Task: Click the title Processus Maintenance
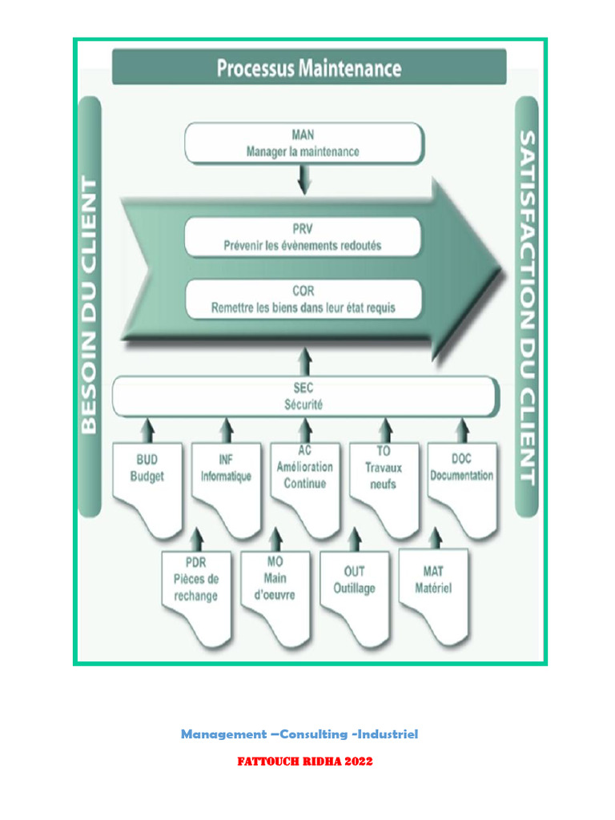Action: coord(309,68)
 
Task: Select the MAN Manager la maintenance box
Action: coord(303,143)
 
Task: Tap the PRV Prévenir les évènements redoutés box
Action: coord(303,237)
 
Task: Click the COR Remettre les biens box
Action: coord(303,299)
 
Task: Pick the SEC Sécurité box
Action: coord(303,397)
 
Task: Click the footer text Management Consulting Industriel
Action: coord(299,734)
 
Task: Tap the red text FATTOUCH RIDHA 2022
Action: coord(305,762)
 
